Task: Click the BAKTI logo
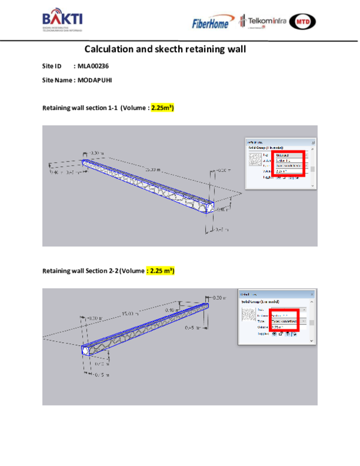pos(62,20)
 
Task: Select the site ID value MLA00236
pos(93,66)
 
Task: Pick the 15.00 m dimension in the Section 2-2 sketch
pos(129,313)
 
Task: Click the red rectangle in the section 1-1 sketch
pos(289,163)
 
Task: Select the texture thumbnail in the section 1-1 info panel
pos(257,162)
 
